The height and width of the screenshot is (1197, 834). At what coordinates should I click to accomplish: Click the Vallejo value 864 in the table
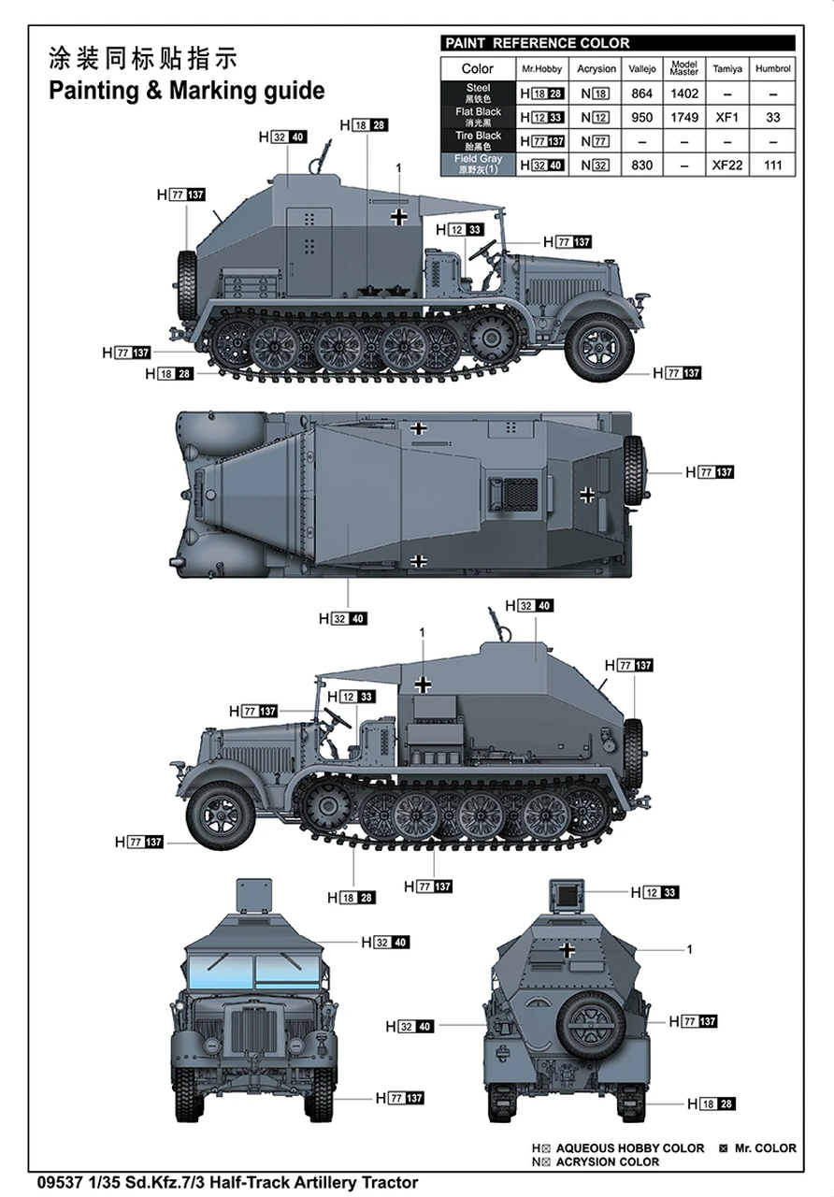point(641,94)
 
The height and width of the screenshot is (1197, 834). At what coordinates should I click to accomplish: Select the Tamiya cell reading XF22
point(727,166)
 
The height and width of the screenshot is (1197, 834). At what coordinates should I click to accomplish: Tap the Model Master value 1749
point(683,118)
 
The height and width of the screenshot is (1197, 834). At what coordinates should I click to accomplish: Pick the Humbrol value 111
point(772,166)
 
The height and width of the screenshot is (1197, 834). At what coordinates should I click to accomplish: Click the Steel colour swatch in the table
point(478,94)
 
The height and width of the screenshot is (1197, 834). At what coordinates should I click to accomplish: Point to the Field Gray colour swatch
point(478,166)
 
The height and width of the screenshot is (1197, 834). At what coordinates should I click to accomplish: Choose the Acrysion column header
point(596,69)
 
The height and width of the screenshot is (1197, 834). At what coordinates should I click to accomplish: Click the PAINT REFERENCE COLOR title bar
point(617,43)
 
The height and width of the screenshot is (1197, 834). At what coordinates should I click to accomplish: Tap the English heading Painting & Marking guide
point(187,91)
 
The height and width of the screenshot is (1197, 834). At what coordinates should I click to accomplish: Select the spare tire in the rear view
point(591,1018)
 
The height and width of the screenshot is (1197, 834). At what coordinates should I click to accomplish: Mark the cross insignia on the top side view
point(399,217)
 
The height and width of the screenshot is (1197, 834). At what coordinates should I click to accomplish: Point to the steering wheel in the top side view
point(484,250)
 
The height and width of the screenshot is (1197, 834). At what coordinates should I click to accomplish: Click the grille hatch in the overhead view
point(514,493)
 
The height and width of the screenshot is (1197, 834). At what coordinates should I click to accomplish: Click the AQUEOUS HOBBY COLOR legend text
point(629,1148)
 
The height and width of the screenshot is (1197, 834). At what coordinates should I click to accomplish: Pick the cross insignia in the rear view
point(567,949)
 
